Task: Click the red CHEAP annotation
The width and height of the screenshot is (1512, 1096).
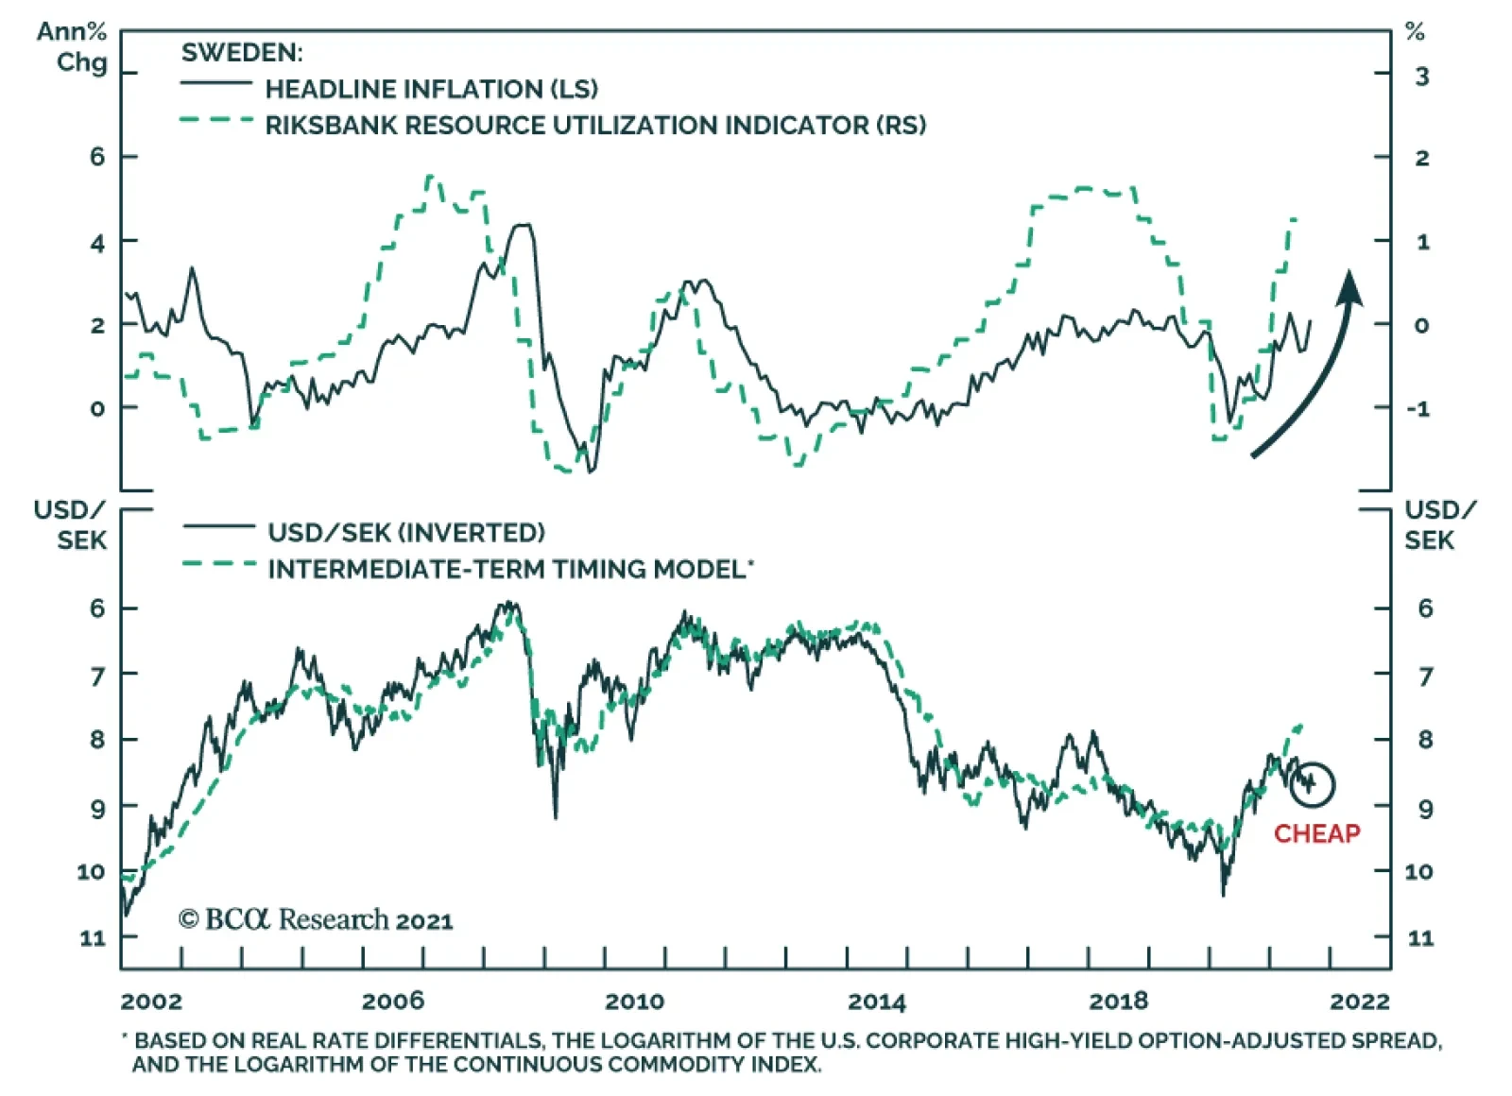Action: click(x=1316, y=833)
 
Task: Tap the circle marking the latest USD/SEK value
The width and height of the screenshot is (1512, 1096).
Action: click(x=1312, y=784)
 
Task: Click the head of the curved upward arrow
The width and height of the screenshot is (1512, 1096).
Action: click(x=1350, y=287)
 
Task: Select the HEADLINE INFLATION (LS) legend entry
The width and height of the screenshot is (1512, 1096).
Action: click(x=431, y=89)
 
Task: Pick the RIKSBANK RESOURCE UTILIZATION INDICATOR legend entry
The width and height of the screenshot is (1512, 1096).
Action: click(x=594, y=125)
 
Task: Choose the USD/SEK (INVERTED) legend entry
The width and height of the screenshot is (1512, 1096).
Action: click(x=405, y=533)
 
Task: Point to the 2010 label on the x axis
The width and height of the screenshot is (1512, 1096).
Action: click(x=635, y=1002)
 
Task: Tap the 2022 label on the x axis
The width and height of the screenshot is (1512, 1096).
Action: click(x=1360, y=1002)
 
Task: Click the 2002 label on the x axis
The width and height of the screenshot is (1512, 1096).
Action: click(x=151, y=1002)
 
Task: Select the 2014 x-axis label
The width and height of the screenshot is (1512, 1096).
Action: click(x=877, y=1002)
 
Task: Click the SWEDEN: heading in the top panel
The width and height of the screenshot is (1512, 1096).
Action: click(x=242, y=53)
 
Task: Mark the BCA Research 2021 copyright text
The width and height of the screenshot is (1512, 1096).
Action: click(x=316, y=919)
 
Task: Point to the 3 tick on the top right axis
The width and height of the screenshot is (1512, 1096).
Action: click(x=1421, y=77)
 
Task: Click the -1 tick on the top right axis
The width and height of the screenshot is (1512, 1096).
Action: click(x=1417, y=409)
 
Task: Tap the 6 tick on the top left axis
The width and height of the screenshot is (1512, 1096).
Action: click(x=97, y=157)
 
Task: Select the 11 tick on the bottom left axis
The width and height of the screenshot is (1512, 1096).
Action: click(x=92, y=938)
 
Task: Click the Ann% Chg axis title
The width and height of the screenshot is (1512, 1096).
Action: click(x=72, y=47)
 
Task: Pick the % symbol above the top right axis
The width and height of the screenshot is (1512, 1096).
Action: click(x=1415, y=32)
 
